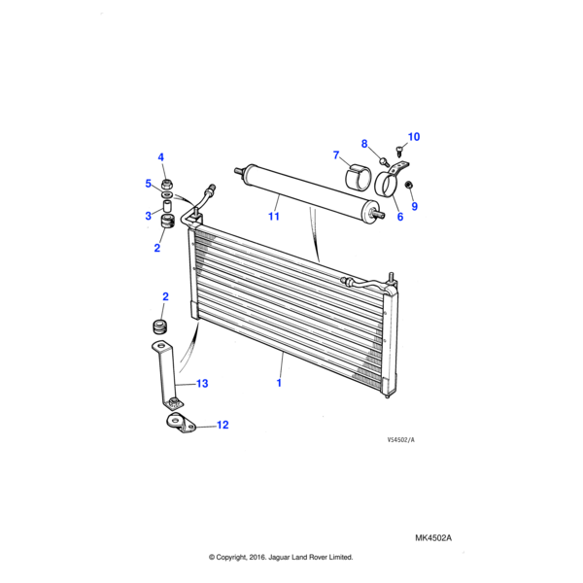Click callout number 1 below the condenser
tap(280, 384)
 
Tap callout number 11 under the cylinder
tap(274, 216)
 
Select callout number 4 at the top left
tap(162, 157)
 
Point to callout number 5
tap(149, 184)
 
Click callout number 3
tap(149, 216)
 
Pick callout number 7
tap(336, 155)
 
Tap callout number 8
tap(365, 145)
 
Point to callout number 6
tap(398, 218)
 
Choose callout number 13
tap(202, 384)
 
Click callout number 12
tap(223, 425)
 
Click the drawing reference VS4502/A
tap(399, 440)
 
